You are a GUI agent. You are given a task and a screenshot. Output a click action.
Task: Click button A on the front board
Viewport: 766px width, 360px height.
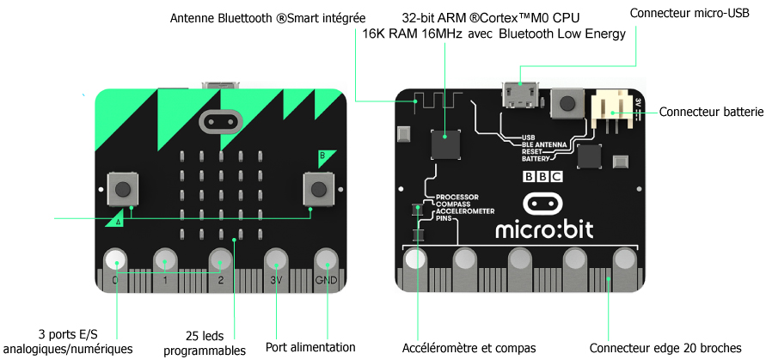pyautogui.click(x=122, y=188)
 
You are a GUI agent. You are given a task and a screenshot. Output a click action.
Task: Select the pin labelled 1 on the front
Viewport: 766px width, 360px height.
pyautogui.click(x=167, y=260)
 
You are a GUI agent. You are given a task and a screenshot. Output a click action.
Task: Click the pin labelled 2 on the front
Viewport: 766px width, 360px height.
pyautogui.click(x=220, y=260)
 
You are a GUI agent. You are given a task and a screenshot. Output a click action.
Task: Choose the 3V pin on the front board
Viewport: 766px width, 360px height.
pyautogui.click(x=275, y=260)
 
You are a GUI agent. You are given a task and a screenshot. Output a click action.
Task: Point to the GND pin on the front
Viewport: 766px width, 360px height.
pyautogui.click(x=327, y=260)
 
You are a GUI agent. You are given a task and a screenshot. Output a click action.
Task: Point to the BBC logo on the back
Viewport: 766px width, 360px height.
pyautogui.click(x=542, y=177)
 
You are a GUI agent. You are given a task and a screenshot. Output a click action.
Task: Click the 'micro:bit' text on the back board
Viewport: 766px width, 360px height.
pyautogui.click(x=543, y=229)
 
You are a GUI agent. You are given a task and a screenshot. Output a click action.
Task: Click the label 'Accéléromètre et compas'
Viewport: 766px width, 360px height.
pyautogui.click(x=469, y=348)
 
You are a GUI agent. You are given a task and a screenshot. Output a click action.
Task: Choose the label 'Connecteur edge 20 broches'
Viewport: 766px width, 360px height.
pyautogui.click(x=665, y=348)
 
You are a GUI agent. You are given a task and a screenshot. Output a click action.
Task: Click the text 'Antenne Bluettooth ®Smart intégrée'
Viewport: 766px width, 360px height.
pyautogui.click(x=268, y=18)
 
